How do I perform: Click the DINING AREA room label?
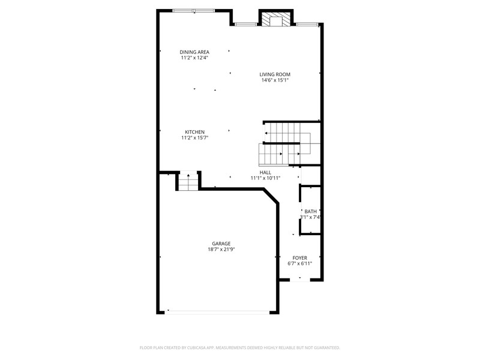tap(194, 52)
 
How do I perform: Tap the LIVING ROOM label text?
tap(275, 74)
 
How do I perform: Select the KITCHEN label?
tap(194, 132)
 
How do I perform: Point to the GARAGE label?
tap(221, 244)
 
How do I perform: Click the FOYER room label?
tap(299, 258)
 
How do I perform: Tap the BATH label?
tap(310, 212)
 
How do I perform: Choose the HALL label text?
tap(265, 173)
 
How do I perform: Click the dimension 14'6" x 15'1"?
tap(275, 80)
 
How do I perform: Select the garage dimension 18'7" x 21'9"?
tap(221, 250)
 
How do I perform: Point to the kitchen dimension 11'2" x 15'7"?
tap(194, 138)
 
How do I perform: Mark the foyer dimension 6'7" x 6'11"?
tap(299, 263)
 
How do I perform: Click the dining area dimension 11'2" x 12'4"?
tap(194, 58)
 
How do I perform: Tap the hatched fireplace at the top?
tap(277, 19)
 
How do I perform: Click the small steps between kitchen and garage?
tap(188, 182)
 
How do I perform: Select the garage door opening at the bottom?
tap(217, 312)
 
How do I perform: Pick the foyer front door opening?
tap(299, 280)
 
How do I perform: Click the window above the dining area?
tap(194, 11)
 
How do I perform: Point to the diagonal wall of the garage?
tap(271, 196)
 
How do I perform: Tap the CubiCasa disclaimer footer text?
tap(239, 348)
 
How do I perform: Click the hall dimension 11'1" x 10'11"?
tap(265, 178)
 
